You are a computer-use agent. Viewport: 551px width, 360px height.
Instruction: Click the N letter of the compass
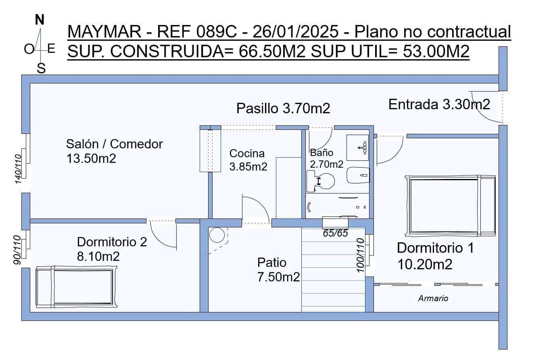[x=40, y=20]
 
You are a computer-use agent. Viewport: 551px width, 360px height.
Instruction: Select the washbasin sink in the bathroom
[x=358, y=148]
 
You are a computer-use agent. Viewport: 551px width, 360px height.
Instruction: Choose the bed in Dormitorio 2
[x=74, y=287]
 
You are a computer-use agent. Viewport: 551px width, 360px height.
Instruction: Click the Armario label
[x=433, y=299]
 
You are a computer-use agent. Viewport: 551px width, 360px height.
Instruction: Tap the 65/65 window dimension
[x=335, y=233]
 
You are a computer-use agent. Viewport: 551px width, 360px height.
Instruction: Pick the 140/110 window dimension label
[x=18, y=169]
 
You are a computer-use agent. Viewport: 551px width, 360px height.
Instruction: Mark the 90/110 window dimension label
[x=17, y=250]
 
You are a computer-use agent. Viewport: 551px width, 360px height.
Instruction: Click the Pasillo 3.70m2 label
[x=283, y=108]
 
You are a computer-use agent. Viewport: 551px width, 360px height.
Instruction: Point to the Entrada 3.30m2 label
[x=439, y=104]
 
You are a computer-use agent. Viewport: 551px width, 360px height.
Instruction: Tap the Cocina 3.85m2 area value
[x=248, y=166]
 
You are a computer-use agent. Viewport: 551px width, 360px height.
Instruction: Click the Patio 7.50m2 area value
[x=278, y=277]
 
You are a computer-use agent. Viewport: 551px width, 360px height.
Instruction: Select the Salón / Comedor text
[x=115, y=144]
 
